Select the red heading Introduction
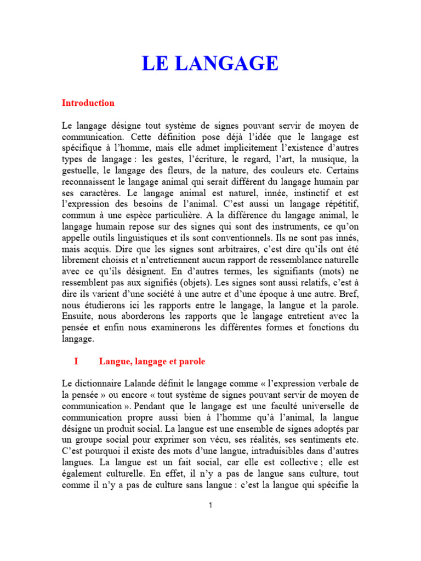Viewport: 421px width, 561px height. [x=88, y=103]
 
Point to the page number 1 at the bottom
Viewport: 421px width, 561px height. [x=210, y=505]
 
